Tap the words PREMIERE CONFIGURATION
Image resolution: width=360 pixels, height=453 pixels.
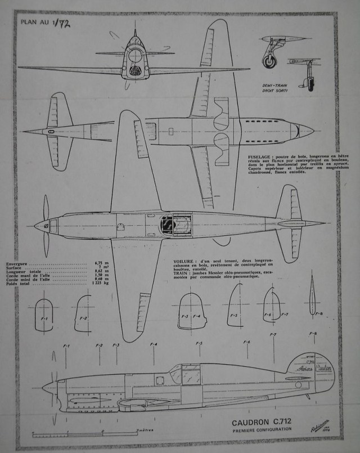264,429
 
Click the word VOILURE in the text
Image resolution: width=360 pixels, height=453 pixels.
185,262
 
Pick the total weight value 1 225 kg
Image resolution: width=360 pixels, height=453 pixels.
96,283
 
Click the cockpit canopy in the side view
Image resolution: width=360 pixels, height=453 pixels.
185,374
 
